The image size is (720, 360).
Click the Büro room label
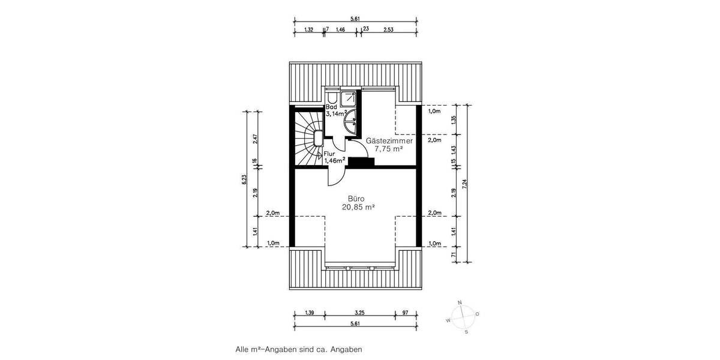(356, 199)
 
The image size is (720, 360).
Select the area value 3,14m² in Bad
(337, 113)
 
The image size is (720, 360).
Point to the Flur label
(330, 153)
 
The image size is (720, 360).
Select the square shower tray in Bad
(350, 99)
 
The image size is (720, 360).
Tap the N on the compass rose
(460, 302)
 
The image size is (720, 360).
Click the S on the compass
(466, 331)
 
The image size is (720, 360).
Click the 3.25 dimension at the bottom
(359, 313)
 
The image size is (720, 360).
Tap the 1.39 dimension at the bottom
(310, 313)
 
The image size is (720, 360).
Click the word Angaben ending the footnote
(347, 348)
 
